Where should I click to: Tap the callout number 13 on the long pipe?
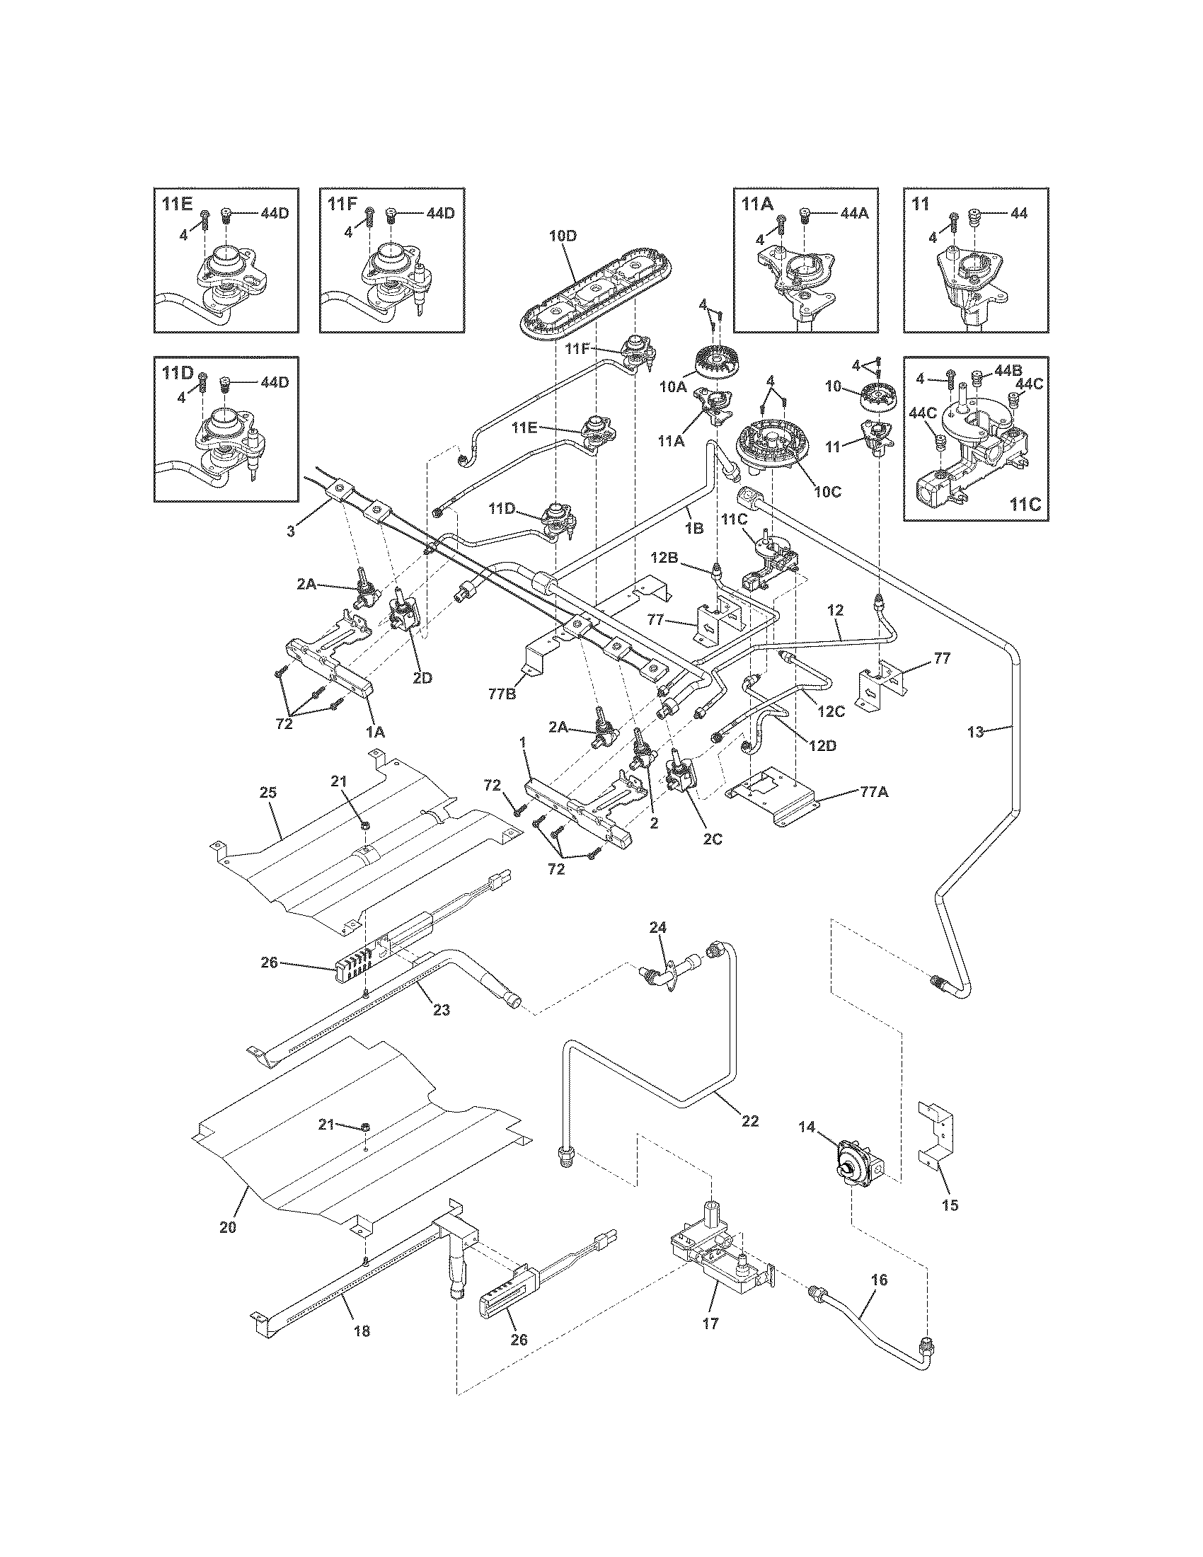[x=975, y=731]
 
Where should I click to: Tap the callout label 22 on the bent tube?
[x=749, y=1121]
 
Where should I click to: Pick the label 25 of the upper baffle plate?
[x=268, y=792]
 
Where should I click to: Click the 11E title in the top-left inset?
[x=177, y=204]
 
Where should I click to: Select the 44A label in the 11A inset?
[x=853, y=212]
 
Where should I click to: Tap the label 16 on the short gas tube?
[x=879, y=1280]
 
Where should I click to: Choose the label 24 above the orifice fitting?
[x=657, y=928]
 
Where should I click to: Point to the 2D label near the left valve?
[x=422, y=677]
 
